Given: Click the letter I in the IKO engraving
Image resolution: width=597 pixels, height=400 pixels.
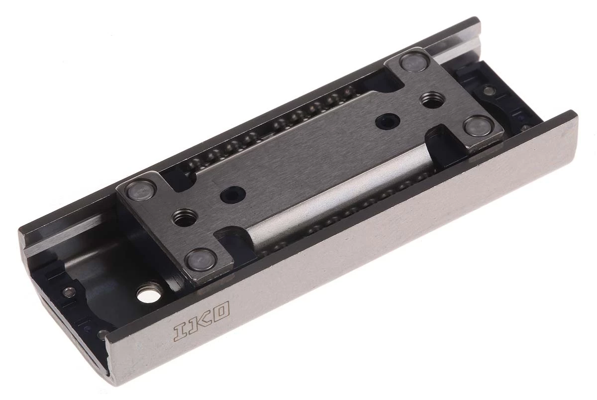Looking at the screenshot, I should pos(180,332).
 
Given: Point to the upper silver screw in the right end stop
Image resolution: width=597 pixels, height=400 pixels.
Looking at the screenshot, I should pos(489,91).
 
